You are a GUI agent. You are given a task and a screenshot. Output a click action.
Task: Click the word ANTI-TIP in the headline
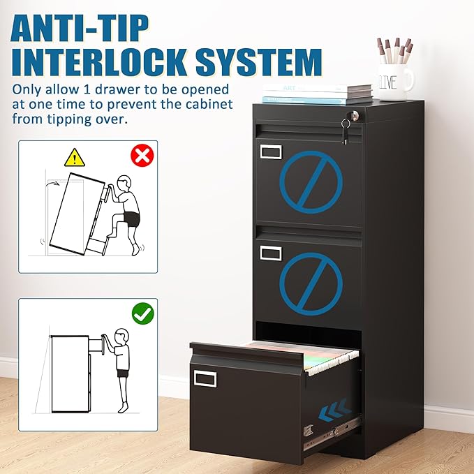80,28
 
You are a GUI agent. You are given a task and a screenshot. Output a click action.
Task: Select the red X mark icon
142,155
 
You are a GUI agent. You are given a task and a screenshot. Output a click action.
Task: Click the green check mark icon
143,314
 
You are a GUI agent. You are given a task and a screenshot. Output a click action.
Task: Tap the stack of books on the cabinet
317,93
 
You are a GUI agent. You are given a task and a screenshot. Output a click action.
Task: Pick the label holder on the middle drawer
271,253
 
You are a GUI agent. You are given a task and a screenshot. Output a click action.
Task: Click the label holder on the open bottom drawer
205,379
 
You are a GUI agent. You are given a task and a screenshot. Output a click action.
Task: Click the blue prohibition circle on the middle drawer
311,283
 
